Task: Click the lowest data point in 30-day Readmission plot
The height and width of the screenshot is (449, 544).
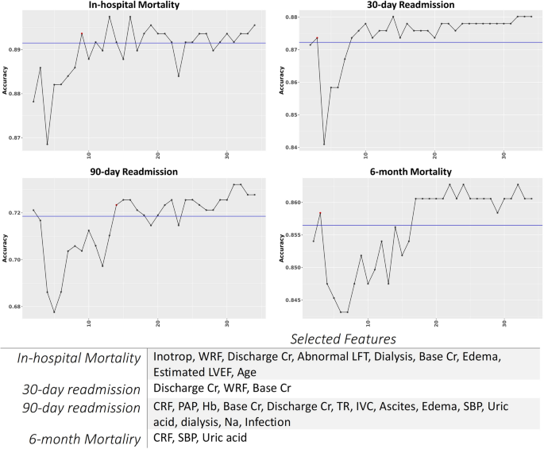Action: click(324, 144)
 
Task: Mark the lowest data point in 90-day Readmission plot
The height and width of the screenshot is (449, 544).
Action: click(54, 312)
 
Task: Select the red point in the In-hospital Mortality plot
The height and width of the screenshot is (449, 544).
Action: click(82, 33)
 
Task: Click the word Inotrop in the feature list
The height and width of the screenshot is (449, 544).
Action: click(174, 358)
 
